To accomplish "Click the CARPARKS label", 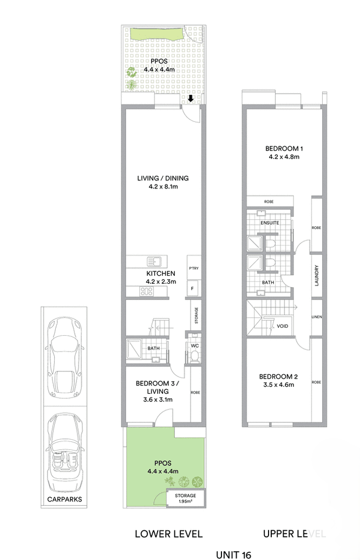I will tap(64, 499).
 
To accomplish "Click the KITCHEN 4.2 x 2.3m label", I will tap(160, 278).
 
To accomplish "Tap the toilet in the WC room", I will tap(194, 356).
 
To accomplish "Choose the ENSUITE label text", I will tap(269, 223).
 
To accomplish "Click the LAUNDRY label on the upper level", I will tap(317, 275).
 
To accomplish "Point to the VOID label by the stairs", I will tap(282, 327).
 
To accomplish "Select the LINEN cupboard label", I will tap(317, 317).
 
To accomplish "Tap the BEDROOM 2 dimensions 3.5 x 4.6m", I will tap(276, 385).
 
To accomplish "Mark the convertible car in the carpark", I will tap(64, 444).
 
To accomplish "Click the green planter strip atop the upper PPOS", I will tap(156, 34).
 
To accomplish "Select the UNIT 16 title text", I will tap(233, 554).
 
